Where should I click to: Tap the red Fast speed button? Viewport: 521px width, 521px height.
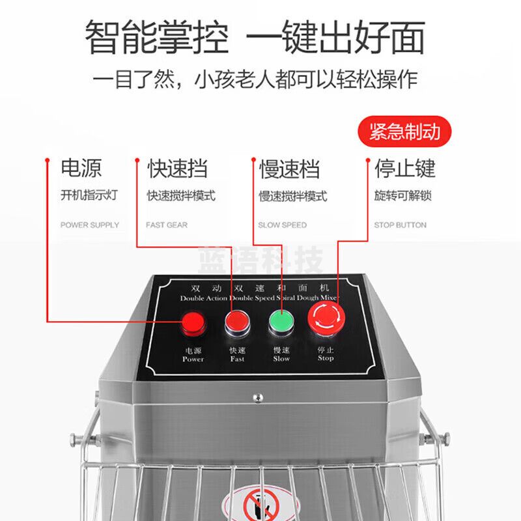click(236, 321)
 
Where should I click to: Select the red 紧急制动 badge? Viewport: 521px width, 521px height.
click(404, 132)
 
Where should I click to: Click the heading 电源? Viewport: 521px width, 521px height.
click(81, 168)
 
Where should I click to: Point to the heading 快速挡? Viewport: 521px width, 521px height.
click(177, 168)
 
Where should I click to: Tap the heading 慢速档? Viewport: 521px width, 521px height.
click(289, 169)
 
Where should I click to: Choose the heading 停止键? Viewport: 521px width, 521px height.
click(404, 168)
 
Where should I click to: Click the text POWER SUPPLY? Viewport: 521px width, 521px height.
click(90, 225)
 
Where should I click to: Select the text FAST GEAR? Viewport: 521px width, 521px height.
click(167, 225)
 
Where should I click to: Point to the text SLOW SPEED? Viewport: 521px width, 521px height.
click(282, 225)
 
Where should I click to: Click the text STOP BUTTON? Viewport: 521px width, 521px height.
click(400, 225)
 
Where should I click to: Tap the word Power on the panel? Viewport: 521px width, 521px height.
click(193, 359)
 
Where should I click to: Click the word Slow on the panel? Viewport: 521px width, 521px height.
click(281, 358)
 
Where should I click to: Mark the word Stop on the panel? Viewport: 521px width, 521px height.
click(326, 358)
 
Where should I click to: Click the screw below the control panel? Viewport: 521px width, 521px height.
click(258, 397)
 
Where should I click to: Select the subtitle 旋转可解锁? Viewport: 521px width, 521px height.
click(403, 196)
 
